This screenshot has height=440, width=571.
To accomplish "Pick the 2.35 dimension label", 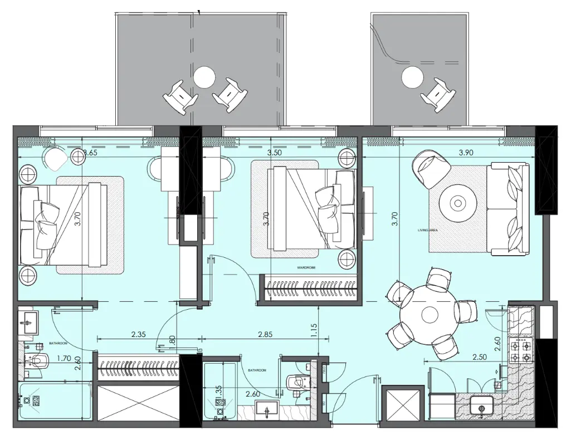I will pyautogui.click(x=138, y=335).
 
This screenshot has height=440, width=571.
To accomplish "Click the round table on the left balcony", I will pyautogui.click(x=204, y=77).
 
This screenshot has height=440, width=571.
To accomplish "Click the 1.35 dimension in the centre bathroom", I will pyautogui.click(x=219, y=391).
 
